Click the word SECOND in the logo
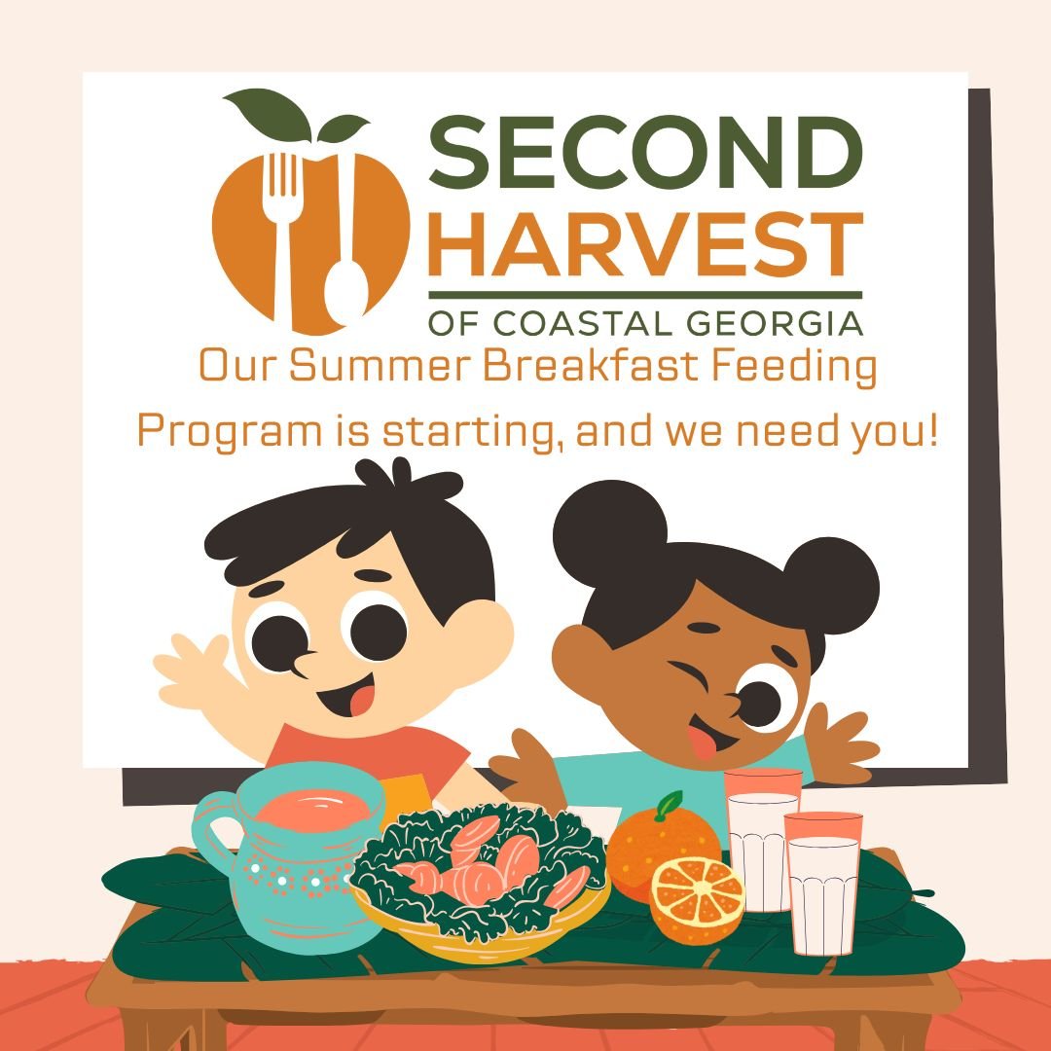tap(645, 153)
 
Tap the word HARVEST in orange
tap(646, 243)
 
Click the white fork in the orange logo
tap(284, 235)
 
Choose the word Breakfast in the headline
tap(594, 366)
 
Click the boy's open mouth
tap(350, 696)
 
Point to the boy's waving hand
tap(195, 670)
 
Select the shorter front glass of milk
tap(823, 884)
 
